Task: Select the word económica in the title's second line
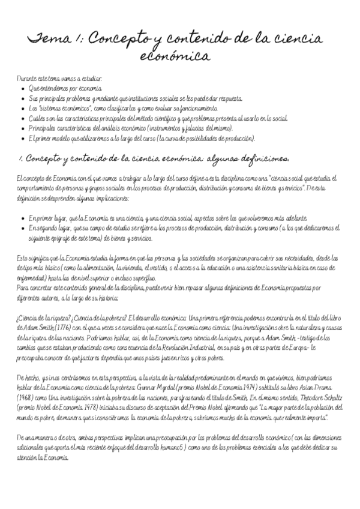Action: pyautogui.click(x=175, y=58)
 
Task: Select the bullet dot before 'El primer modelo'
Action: pyautogui.click(x=22, y=138)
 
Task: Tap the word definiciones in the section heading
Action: pyautogui.click(x=258, y=159)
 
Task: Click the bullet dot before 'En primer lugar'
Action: pyautogui.click(x=22, y=218)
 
